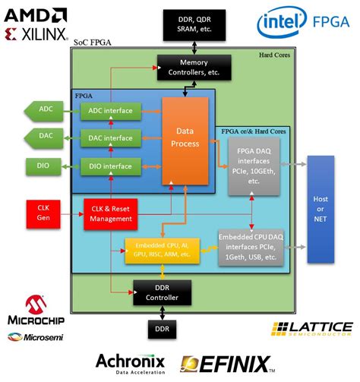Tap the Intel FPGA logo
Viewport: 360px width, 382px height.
302,24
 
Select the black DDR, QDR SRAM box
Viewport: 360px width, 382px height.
184,25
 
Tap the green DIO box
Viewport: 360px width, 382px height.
43,165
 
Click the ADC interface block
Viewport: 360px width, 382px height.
111,111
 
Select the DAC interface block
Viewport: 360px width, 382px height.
111,138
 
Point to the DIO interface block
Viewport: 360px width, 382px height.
111,165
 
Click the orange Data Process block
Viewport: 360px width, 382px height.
186,138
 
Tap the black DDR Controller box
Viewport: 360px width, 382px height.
162,292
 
